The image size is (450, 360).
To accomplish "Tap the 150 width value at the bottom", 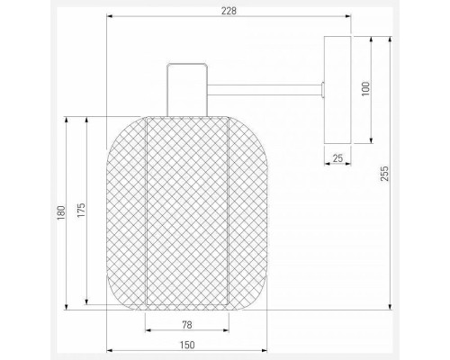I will (x=184, y=343).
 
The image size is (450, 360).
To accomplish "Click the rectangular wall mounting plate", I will (x=338, y=88).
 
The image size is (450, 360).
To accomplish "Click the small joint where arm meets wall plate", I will (x=321, y=88).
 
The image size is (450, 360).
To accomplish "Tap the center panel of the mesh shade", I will (x=186, y=211).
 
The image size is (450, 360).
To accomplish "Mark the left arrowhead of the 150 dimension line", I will (x=109, y=351).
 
